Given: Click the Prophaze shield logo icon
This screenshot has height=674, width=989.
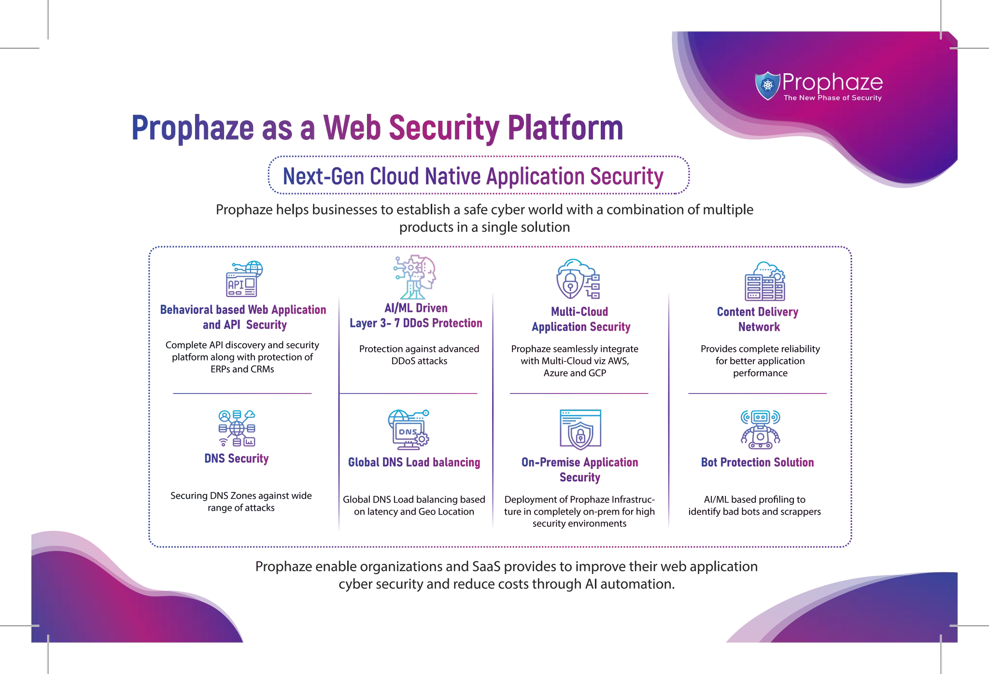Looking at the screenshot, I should click(767, 86).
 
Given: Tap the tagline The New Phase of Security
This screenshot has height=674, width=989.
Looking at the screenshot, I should click(832, 98).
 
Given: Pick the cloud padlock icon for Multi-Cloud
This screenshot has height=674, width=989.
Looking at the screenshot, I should click(578, 280).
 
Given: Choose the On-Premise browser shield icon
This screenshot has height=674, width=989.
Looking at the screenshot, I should click(580, 430).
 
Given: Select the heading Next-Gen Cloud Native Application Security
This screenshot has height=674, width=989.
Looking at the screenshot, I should click(473, 176).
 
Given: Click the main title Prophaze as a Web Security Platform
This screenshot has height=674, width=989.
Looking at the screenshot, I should click(377, 129).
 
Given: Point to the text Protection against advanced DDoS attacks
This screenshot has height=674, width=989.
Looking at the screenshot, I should click(419, 355).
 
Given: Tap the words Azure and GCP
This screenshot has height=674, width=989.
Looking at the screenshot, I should click(575, 373).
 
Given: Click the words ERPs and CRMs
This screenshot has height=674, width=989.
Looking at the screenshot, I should click(242, 369).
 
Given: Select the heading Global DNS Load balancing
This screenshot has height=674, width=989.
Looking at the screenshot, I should click(414, 463).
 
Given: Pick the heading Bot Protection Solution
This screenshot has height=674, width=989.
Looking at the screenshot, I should click(757, 463).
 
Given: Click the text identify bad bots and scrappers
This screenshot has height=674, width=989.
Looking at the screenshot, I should click(755, 512).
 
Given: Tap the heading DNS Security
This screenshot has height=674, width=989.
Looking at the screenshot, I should click(237, 459).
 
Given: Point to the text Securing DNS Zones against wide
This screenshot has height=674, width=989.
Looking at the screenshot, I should click(241, 496).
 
